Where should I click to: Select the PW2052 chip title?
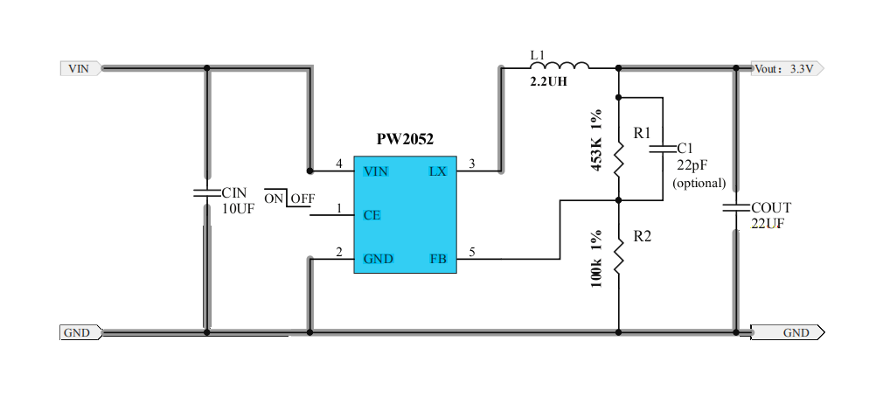click(405, 139)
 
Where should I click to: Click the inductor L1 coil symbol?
click(560, 65)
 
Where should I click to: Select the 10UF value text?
click(237, 208)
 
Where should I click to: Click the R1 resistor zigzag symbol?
click(618, 160)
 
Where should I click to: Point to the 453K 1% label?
click(597, 140)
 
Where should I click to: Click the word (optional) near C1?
click(699, 183)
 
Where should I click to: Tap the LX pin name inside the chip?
click(437, 171)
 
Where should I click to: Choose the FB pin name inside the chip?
click(438, 259)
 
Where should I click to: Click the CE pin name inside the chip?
click(372, 215)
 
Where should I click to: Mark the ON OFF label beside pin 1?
click(289, 198)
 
